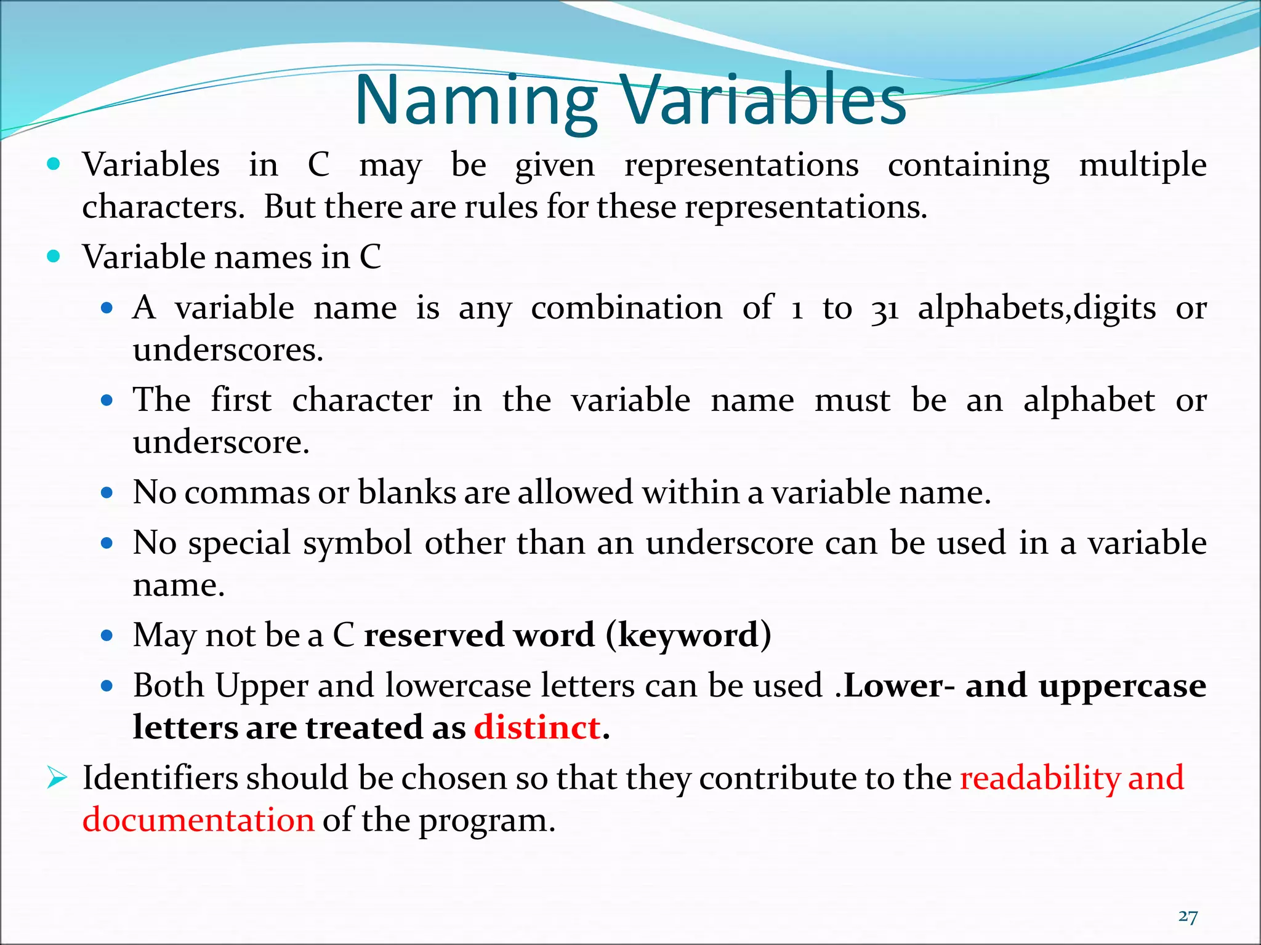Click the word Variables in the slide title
[762, 100]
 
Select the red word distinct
[537, 727]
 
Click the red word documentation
[198, 820]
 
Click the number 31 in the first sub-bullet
[885, 309]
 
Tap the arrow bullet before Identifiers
[56, 778]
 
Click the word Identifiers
[159, 778]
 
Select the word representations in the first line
[741, 165]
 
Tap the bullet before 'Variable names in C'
[54, 257]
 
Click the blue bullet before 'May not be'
[107, 635]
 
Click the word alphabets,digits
[1036, 309]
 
